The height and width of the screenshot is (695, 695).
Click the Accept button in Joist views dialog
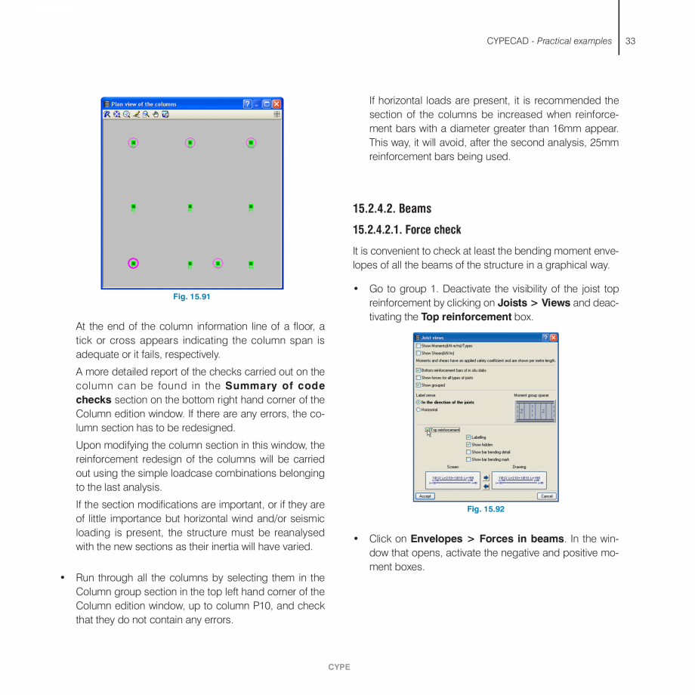pyautogui.click(x=425, y=496)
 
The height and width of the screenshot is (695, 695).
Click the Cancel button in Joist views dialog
pyautogui.click(x=547, y=496)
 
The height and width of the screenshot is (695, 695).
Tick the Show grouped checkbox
pyautogui.click(x=419, y=385)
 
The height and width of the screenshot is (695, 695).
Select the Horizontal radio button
pyautogui.click(x=419, y=409)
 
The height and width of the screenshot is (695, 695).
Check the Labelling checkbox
pyautogui.click(x=468, y=437)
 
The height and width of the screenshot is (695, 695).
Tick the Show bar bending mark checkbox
pyautogui.click(x=468, y=459)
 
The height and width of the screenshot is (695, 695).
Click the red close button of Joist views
pyautogui.click(x=554, y=338)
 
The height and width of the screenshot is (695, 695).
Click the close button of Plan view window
pyautogui.click(x=276, y=104)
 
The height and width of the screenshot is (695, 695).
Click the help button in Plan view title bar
pyautogui.click(x=248, y=104)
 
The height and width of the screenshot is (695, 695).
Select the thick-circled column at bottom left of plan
pyautogui.click(x=134, y=263)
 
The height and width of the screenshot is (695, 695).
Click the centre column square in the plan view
pyautogui.click(x=190, y=206)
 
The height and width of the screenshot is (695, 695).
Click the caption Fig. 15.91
pyautogui.click(x=192, y=297)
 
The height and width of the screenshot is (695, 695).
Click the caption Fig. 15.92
pyautogui.click(x=486, y=509)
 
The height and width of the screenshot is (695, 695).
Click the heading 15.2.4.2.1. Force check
pyautogui.click(x=406, y=230)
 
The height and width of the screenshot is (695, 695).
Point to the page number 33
pyautogui.click(x=630, y=41)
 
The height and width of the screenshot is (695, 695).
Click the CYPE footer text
pyautogui.click(x=338, y=667)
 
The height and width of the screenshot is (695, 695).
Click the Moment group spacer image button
pyautogui.click(x=535, y=410)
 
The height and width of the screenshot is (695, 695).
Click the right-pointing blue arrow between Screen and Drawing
pyautogui.click(x=486, y=477)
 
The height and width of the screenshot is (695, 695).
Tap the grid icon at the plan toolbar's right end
pyautogui.click(x=276, y=114)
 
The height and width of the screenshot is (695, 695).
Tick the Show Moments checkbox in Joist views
pyautogui.click(x=419, y=345)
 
